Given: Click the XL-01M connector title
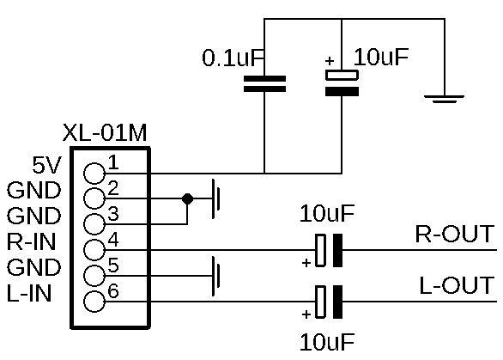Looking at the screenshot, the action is pyautogui.click(x=105, y=132).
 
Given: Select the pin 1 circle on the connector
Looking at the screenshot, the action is pyautogui.click(x=94, y=174).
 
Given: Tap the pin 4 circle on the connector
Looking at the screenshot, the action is pyautogui.click(x=94, y=250).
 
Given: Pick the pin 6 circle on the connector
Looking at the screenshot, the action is pyautogui.click(x=94, y=302).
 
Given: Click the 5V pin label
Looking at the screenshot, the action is pyautogui.click(x=46, y=166).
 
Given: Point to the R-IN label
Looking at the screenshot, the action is pyautogui.click(x=31, y=241).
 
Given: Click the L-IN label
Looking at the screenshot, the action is pyautogui.click(x=29, y=293).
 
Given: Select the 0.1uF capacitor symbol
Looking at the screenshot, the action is pyautogui.click(x=264, y=84).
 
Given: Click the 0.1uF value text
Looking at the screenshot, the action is pyautogui.click(x=233, y=58).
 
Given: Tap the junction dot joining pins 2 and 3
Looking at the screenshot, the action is pyautogui.click(x=187, y=198).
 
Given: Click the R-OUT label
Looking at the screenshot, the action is pyautogui.click(x=455, y=234).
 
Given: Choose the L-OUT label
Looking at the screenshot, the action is pyautogui.click(x=457, y=285).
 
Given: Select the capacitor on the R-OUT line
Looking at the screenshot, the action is pyautogui.click(x=329, y=250).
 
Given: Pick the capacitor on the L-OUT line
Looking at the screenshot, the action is pyautogui.click(x=329, y=302).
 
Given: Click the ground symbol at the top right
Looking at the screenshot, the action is pyautogui.click(x=445, y=99).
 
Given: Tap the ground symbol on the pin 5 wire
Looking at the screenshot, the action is pyautogui.click(x=215, y=276).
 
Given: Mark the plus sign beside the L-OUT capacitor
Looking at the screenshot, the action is pyautogui.click(x=306, y=314).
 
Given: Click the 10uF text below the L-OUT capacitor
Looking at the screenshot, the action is pyautogui.click(x=327, y=342).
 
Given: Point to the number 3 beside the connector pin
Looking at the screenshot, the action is pyautogui.click(x=113, y=214).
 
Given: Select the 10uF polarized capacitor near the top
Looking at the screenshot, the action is pyautogui.click(x=342, y=82).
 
